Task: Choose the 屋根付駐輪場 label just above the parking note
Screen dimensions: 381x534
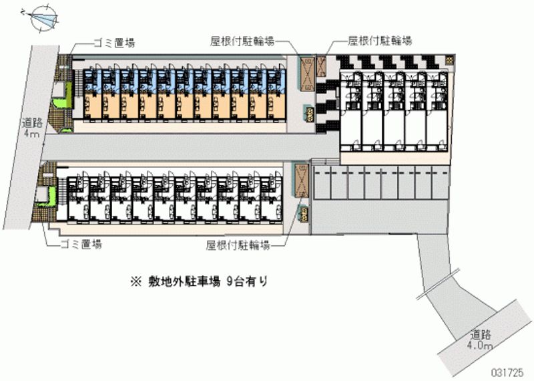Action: tap(238, 245)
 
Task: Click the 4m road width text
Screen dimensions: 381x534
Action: tap(31, 133)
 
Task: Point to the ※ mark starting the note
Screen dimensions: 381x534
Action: tap(136, 281)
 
